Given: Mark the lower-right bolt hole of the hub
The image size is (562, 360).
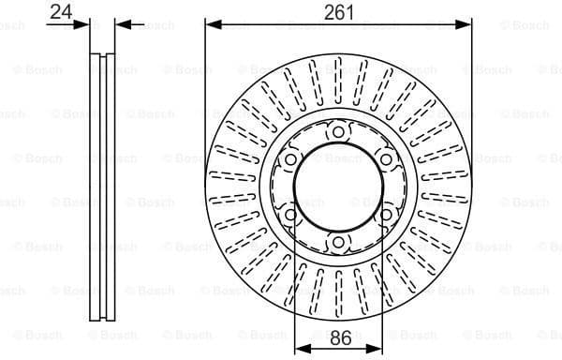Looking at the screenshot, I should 384,216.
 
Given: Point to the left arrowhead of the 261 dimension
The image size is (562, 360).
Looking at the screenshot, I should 211,23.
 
